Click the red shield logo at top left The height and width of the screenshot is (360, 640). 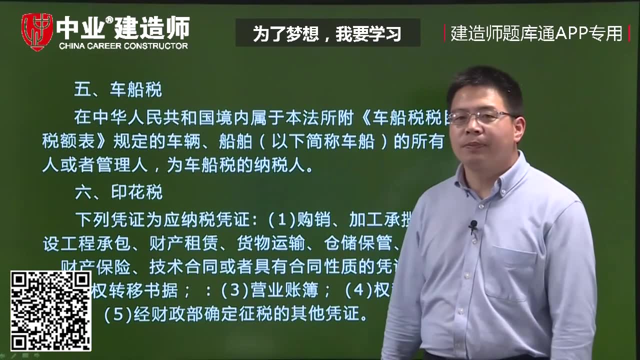[x=37, y=31]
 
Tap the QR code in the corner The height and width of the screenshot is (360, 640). [x=51, y=310]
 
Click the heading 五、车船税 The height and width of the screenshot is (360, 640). [x=118, y=90]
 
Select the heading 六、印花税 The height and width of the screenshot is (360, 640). [x=118, y=192]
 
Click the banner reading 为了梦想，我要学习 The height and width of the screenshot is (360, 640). [x=327, y=33]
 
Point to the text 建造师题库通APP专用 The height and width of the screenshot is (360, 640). [x=536, y=33]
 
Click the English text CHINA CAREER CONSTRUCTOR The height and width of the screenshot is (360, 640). [x=123, y=46]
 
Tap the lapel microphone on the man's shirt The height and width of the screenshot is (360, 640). [x=472, y=226]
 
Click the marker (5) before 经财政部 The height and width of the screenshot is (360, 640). [x=117, y=314]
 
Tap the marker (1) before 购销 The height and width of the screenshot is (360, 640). [x=282, y=219]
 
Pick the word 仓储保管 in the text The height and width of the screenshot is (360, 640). [x=357, y=243]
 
